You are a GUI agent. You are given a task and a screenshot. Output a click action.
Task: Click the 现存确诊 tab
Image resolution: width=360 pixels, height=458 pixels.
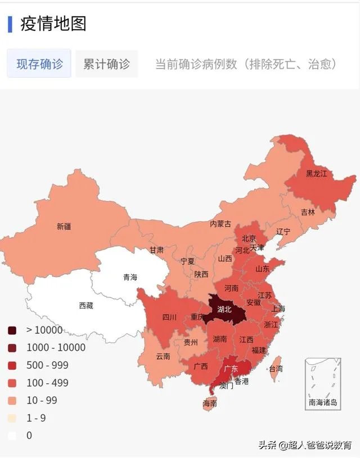click(39, 64)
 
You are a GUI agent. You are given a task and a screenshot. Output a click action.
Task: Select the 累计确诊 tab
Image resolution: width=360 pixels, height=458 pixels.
click(106, 64)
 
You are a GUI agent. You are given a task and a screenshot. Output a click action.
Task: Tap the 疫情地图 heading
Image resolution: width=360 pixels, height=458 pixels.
click(53, 24)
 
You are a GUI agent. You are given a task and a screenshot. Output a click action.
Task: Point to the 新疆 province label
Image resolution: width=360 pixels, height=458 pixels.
click(64, 227)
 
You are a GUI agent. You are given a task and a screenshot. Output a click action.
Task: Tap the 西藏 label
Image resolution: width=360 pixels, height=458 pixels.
click(86, 306)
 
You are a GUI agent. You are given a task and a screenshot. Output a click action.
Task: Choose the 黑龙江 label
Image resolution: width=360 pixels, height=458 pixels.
click(316, 174)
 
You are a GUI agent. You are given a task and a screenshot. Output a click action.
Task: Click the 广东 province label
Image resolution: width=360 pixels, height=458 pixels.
click(231, 369)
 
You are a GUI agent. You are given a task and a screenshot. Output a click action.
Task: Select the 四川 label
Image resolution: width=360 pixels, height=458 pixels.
click(169, 318)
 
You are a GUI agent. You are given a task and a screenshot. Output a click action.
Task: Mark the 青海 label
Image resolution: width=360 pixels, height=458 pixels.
click(130, 277)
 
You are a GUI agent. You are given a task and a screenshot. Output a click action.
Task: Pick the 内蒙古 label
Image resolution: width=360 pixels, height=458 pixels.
click(220, 224)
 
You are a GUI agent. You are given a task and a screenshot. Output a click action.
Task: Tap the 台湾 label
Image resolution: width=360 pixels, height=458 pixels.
click(276, 369)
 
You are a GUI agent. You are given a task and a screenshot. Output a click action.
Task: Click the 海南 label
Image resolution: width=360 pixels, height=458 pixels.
click(210, 403)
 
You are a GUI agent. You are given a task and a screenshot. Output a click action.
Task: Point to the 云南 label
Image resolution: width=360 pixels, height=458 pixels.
click(163, 356)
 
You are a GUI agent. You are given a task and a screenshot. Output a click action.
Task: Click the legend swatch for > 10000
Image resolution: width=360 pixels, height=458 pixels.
click(12, 330)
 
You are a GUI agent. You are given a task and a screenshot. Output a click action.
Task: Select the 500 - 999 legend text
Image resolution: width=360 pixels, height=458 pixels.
click(47, 365)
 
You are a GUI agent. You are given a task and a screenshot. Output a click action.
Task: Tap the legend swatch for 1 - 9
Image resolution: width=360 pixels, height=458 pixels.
click(12, 418)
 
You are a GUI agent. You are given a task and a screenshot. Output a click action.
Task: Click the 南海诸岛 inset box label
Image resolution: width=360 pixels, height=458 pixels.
click(323, 402)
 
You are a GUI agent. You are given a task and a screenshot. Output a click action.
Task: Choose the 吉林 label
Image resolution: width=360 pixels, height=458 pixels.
click(308, 212)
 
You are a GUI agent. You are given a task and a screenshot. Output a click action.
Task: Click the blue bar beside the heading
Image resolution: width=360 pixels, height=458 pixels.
click(10, 24)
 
